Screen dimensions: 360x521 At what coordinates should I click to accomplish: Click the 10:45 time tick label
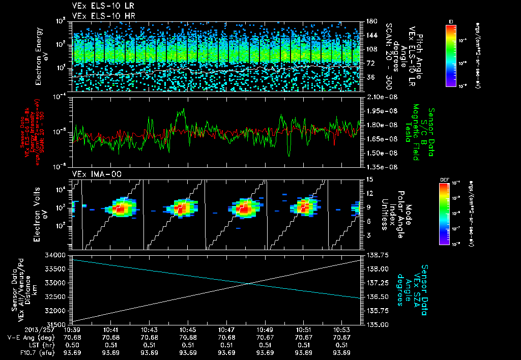point(188,329)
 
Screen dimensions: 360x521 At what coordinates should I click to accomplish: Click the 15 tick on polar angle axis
point(369,179)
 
